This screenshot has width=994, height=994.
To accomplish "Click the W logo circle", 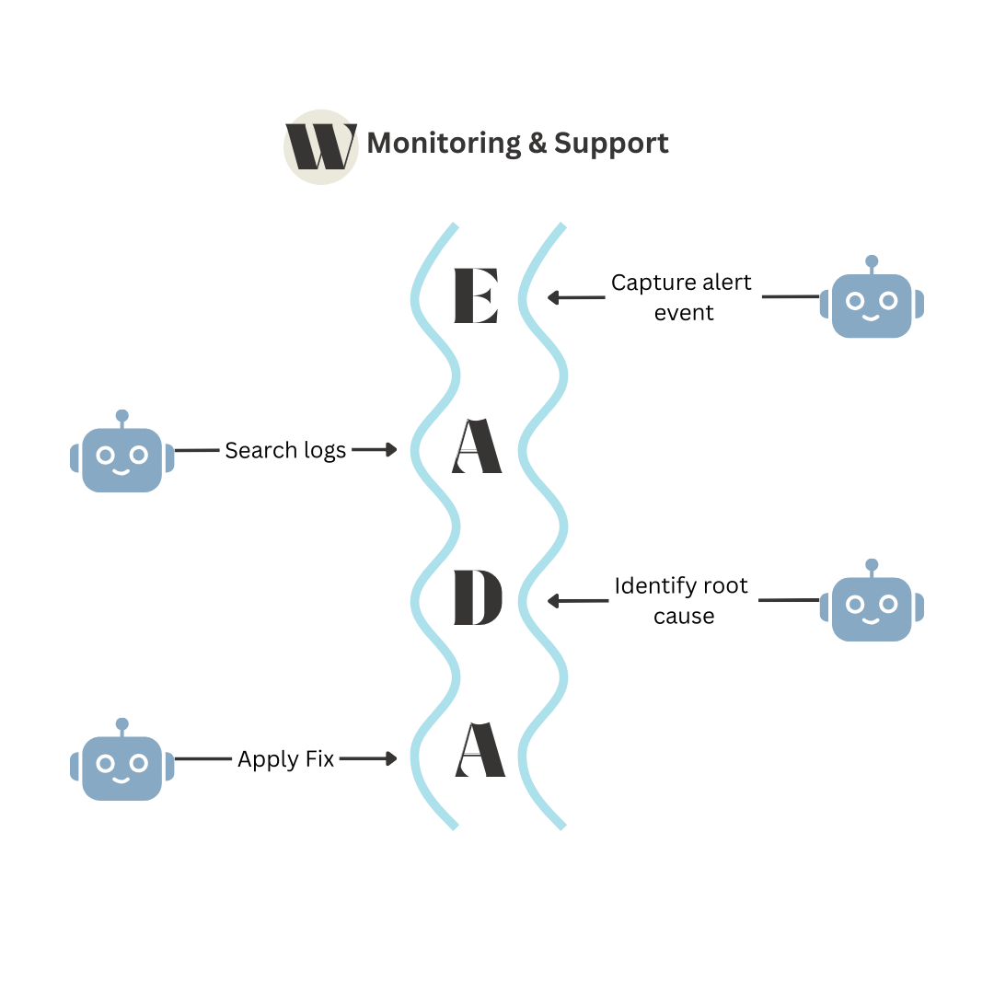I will [319, 146].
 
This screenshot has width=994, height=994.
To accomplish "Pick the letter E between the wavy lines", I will [475, 297].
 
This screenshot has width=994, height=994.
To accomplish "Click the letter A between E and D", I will [477, 448].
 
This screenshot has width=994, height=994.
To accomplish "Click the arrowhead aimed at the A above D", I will [391, 450].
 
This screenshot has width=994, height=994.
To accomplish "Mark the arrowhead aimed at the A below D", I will [391, 759].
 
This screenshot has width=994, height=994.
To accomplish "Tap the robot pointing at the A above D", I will [121, 458].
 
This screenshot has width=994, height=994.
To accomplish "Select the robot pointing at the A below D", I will [121, 767].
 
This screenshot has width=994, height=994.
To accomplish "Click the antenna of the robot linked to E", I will [872, 261].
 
